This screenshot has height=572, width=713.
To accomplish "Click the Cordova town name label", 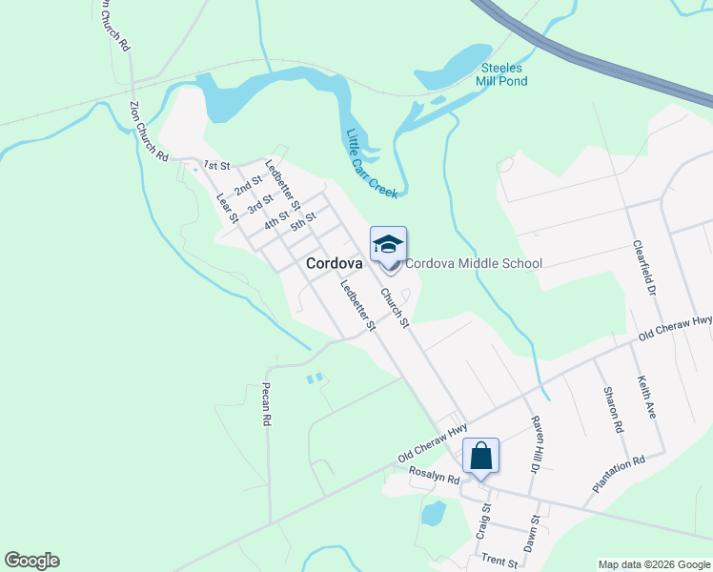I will (334, 264).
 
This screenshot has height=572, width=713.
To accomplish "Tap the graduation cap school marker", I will (388, 246).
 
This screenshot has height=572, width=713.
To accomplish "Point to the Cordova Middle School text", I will (474, 264).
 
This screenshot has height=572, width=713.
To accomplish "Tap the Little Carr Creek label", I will (371, 163).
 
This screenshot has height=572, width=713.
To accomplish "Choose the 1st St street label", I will (216, 166).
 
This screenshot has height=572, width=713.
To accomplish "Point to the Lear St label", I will (227, 208).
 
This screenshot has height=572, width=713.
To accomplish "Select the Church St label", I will (395, 309).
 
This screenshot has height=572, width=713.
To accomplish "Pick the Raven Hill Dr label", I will (535, 443).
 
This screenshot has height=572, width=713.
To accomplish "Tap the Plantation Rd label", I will (619, 474).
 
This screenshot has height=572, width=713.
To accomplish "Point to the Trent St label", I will (499, 562).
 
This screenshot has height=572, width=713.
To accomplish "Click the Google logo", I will (31, 561).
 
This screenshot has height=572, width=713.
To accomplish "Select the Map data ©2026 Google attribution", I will (653, 564).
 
